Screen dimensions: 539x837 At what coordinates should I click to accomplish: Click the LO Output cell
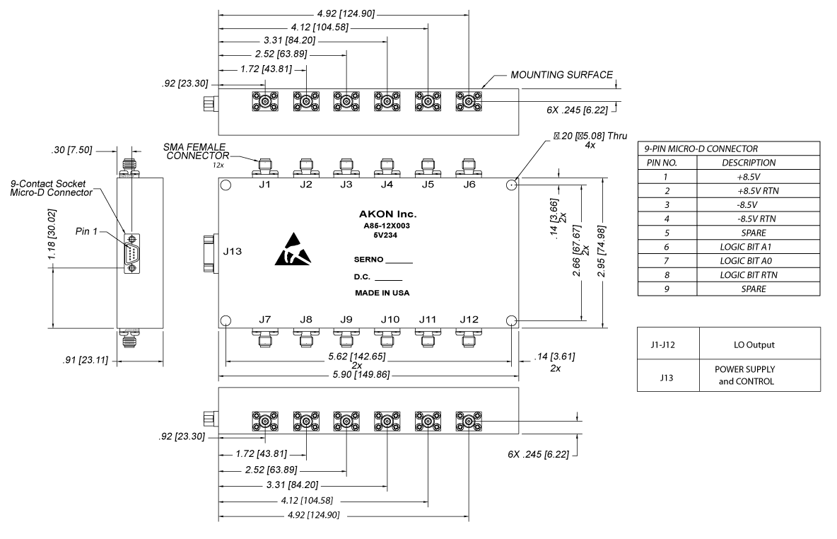760,344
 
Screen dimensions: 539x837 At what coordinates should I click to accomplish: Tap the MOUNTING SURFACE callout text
562,74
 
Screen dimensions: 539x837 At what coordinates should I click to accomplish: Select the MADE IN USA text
382,292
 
